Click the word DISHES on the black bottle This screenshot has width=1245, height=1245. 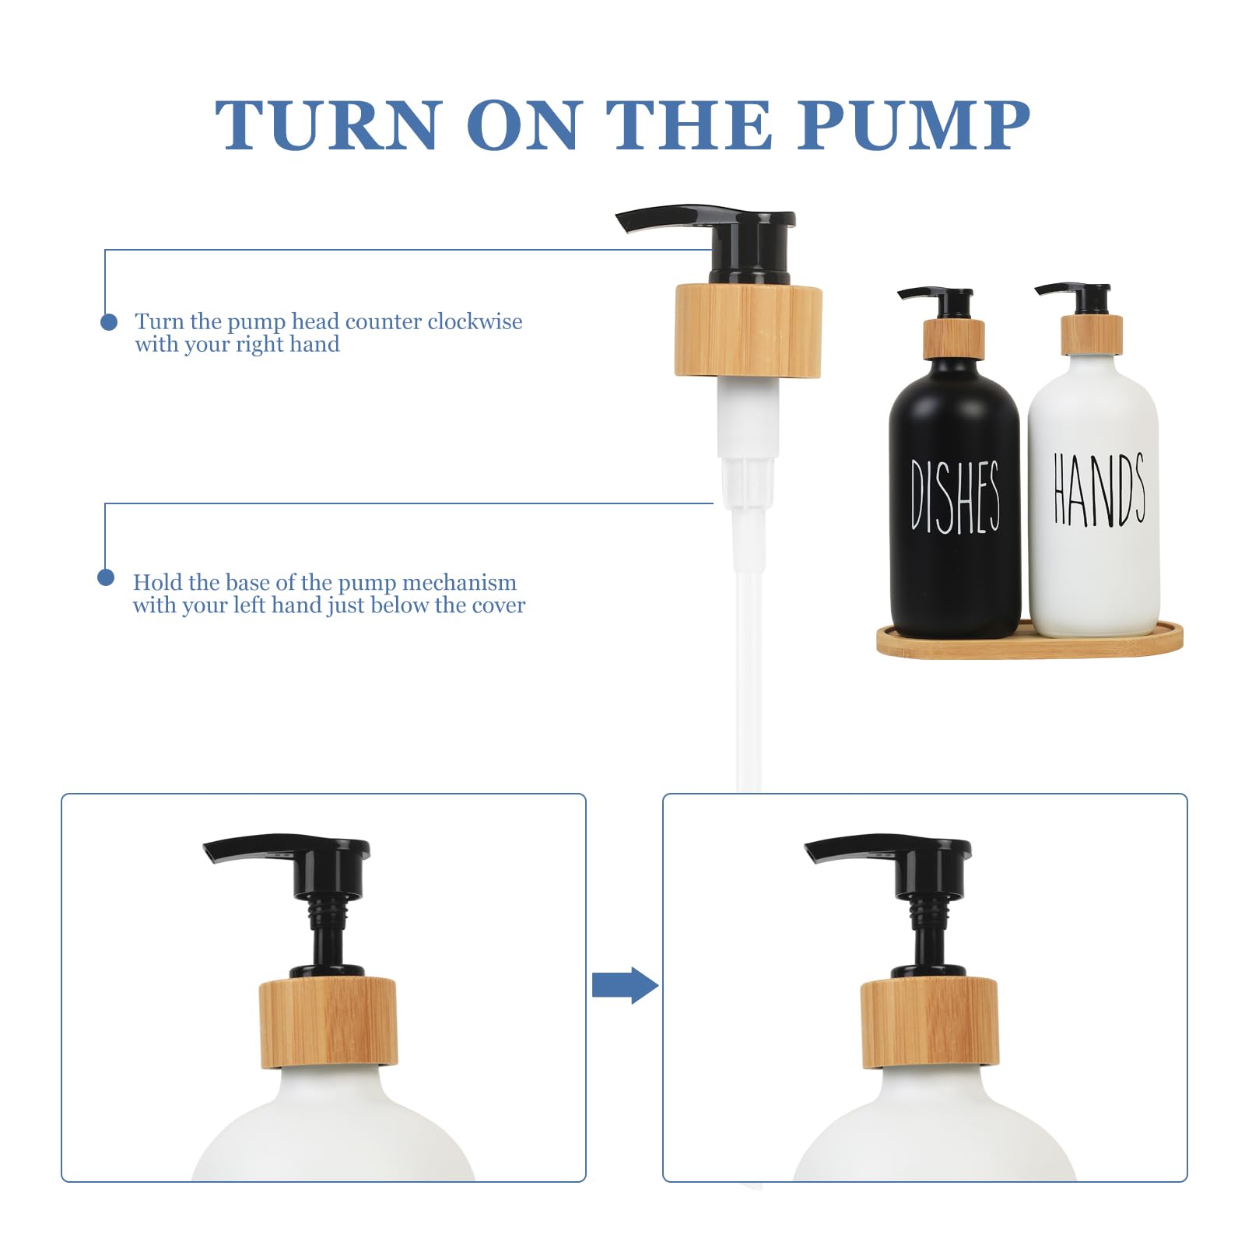tap(955, 496)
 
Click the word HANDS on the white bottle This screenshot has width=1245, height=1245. tap(1098, 490)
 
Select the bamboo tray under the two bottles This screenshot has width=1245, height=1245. tap(1029, 642)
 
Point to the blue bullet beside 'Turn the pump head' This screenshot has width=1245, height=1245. tap(109, 321)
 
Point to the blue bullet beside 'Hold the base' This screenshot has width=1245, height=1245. tap(106, 577)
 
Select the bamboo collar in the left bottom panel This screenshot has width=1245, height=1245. tap(328, 1022)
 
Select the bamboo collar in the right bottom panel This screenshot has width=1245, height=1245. tap(929, 1022)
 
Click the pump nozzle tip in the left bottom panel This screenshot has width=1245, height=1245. tap(214, 850)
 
